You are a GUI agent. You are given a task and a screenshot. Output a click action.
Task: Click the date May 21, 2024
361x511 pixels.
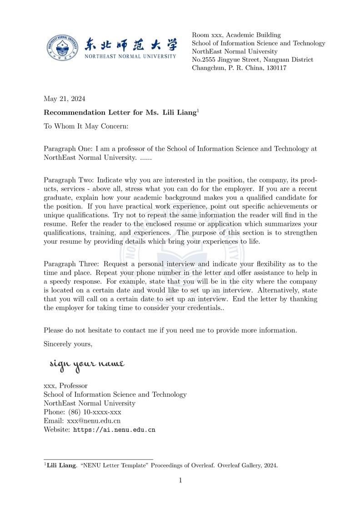pyautogui.click(x=64, y=99)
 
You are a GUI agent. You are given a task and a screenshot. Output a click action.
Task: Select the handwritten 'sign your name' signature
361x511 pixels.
pyautogui.click(x=86, y=364)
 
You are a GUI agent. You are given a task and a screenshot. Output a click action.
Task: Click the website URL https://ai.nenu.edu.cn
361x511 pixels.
pyautogui.click(x=114, y=429)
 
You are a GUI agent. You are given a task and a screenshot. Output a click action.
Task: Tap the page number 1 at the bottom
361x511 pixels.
pyautogui.click(x=180, y=480)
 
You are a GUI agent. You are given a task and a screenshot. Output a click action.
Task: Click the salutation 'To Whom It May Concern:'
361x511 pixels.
pyautogui.click(x=86, y=126)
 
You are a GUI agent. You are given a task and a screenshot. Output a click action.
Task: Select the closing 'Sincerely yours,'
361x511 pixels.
pyautogui.click(x=68, y=344)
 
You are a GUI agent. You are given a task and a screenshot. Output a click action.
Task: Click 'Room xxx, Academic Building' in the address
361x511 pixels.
pyautogui.click(x=236, y=35)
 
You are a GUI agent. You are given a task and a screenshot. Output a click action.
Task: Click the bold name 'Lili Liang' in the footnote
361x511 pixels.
pyautogui.click(x=61, y=465)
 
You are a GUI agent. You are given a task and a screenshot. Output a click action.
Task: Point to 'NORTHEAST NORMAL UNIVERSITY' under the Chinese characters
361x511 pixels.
pyautogui.click(x=130, y=56)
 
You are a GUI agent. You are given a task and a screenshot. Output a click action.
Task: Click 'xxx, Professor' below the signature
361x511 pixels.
pyautogui.click(x=65, y=386)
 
